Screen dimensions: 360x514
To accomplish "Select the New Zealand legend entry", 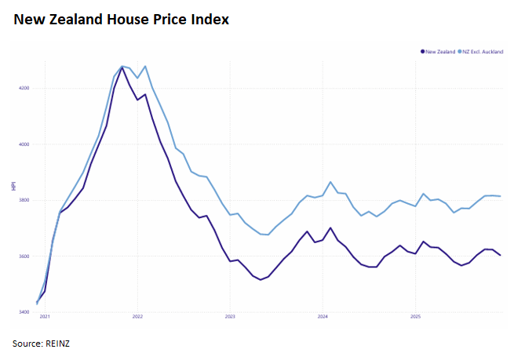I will point(439,51).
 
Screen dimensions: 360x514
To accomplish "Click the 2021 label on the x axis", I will point(45,318).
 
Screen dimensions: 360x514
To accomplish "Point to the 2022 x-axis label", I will point(137,318).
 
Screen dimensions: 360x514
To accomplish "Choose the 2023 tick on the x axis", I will point(230,318).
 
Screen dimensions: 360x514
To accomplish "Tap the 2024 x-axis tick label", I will point(323,318).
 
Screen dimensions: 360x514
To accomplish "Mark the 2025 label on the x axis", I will point(415,318).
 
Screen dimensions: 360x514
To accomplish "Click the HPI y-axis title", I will point(13,187).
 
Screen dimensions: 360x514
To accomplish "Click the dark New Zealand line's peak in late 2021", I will point(122,67).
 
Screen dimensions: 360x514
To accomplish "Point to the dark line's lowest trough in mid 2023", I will point(261,279).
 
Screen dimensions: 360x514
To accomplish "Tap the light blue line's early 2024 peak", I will point(330,182).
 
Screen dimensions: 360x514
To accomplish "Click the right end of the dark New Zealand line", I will point(501,255).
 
